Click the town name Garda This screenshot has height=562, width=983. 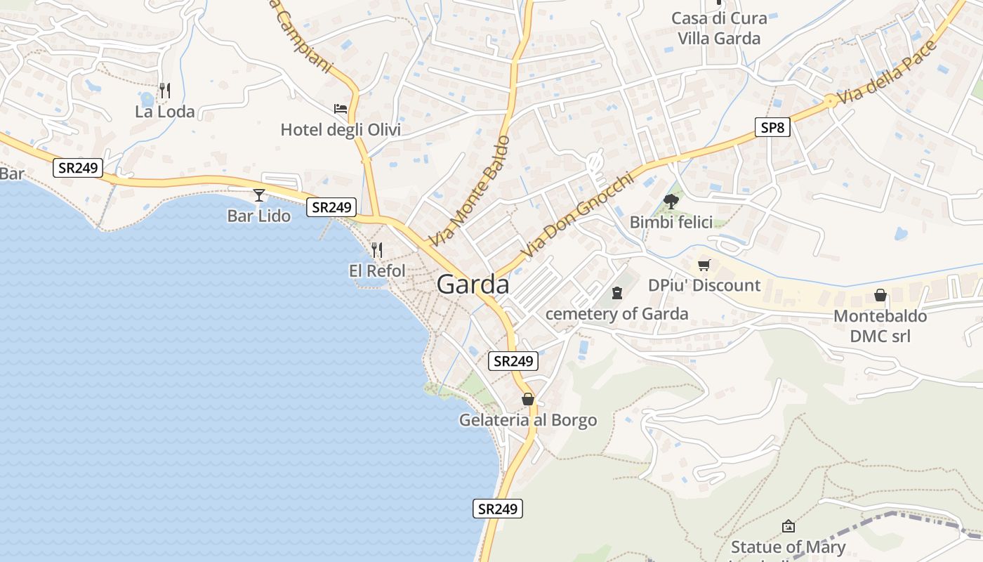tap(473, 285)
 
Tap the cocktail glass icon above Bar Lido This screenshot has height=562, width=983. tap(259, 195)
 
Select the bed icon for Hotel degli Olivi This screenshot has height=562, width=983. tap(341, 109)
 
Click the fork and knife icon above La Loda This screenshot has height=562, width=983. tap(165, 90)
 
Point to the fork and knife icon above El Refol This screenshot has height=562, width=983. tap(377, 249)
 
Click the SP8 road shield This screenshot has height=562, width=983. tap(773, 127)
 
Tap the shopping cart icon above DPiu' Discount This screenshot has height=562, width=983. tap(704, 265)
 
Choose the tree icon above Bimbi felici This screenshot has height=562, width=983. tap(671, 202)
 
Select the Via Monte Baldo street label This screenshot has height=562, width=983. tap(469, 191)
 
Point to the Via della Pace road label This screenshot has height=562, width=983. tap(888, 72)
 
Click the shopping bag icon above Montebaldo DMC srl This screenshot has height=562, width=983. tap(880, 295)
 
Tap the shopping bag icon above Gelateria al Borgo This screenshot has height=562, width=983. tap(528, 399)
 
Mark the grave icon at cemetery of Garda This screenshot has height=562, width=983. tap(617, 292)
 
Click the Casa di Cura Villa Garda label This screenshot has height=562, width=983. tap(719, 28)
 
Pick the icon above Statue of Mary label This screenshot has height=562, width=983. tap(789, 525)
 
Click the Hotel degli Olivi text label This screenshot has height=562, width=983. tap(341, 130)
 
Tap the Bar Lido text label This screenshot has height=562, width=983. tap(259, 216)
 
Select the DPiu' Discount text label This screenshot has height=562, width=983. tap(704, 285)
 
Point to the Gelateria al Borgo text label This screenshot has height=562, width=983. tap(528, 420)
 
